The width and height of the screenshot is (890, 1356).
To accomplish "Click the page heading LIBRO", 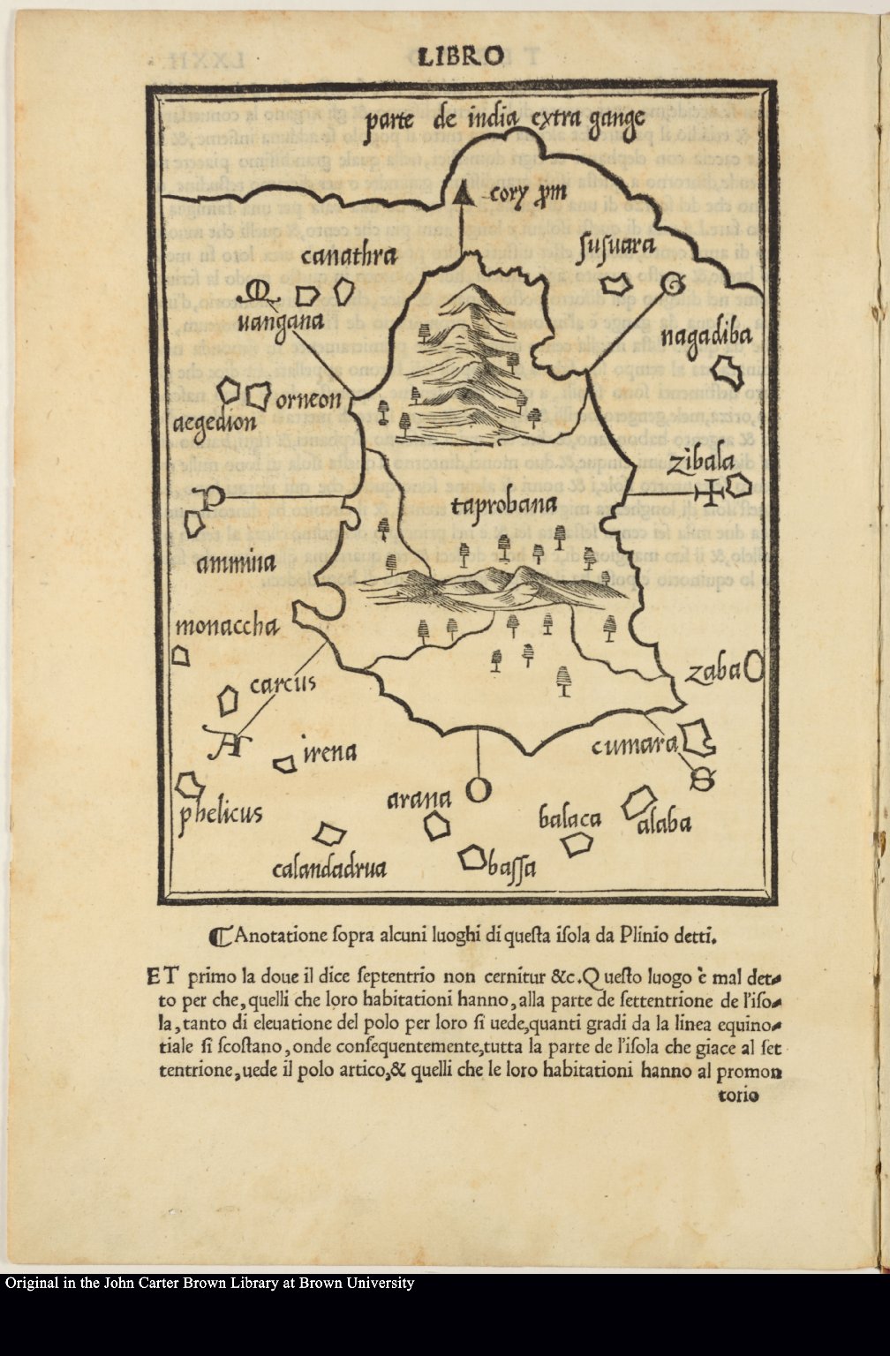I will [459, 57].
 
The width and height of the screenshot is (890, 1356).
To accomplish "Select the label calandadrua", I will [329, 869].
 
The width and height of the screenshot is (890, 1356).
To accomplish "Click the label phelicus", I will [221, 811].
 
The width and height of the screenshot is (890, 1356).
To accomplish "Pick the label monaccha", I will [227, 628].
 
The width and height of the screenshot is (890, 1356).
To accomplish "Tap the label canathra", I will [348, 256].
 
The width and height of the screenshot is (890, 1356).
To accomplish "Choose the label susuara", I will [615, 249].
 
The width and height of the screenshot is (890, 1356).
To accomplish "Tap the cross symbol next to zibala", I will [709, 491].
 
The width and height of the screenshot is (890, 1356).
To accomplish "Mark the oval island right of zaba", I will [753, 667].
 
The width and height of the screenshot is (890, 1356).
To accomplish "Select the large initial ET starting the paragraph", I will [163, 976].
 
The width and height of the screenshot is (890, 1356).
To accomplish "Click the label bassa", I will [513, 868].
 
